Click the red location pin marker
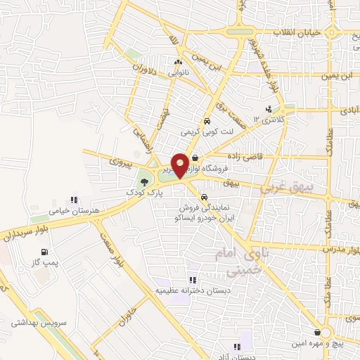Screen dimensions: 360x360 click(181, 165)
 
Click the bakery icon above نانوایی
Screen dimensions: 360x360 click(176, 63)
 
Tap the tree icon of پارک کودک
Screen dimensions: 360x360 click(143, 181)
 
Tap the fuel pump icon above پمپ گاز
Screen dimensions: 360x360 click(44, 252)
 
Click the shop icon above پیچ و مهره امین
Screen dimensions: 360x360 click(317, 332)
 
